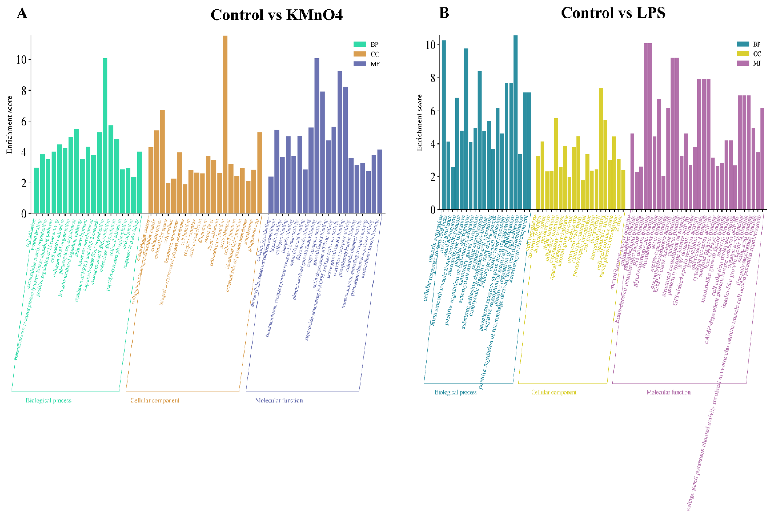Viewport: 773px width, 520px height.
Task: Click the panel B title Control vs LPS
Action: point(613,13)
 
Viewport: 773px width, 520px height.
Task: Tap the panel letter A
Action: point(22,13)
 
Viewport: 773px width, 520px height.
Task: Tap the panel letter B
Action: point(444,13)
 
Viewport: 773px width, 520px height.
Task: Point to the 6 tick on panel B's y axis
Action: point(432,111)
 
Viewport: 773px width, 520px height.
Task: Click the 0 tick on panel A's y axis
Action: point(23,214)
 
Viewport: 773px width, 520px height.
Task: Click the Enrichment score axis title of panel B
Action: point(420,123)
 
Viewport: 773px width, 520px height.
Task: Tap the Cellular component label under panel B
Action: point(554,392)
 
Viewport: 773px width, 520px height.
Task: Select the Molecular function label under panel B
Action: point(668,392)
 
